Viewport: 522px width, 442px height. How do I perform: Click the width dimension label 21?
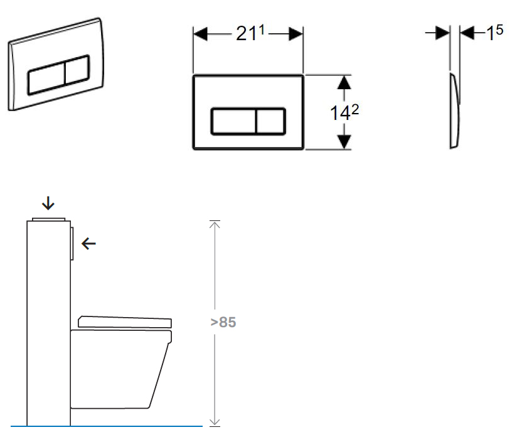[250, 33]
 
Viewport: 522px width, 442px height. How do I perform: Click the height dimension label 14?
[344, 112]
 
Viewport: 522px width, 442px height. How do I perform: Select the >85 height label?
[223, 322]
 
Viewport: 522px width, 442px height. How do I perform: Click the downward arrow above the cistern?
[48, 203]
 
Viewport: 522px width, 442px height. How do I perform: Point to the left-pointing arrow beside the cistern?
[88, 244]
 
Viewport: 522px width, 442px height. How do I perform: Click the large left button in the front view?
[233, 121]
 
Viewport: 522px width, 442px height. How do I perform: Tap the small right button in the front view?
[271, 121]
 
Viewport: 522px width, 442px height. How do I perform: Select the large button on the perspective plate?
[46, 78]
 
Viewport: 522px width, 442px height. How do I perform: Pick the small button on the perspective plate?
[78, 69]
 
